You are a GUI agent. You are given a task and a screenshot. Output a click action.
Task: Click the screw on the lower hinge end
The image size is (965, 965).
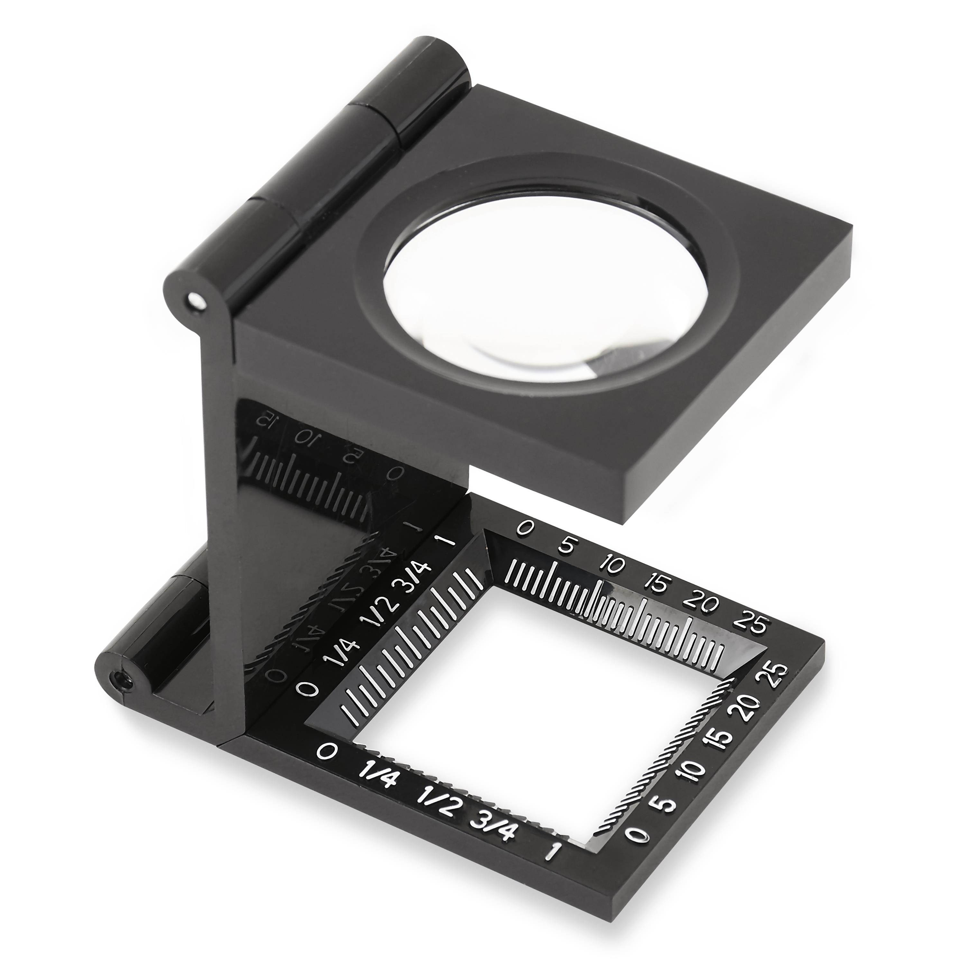tap(121, 680)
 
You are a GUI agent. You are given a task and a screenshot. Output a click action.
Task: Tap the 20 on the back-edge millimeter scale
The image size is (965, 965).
tap(703, 603)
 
